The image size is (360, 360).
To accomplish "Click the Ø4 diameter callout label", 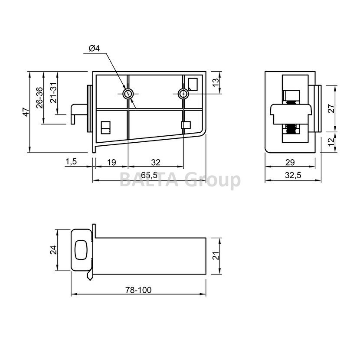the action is click(95, 49).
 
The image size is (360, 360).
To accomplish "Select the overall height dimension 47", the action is click(26, 112).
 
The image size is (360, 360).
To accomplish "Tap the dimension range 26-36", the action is click(40, 97).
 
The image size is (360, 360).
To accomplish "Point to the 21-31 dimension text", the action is click(53, 92).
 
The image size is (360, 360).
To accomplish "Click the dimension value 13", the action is click(216, 83).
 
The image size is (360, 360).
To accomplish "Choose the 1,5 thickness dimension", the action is click(71, 162).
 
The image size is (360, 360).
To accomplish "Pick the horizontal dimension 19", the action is click(112, 162).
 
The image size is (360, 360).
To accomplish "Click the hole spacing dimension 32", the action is click(156, 162).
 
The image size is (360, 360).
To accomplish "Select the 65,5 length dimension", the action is click(150, 175).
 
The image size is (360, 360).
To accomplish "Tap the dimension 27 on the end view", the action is click(331, 108).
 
